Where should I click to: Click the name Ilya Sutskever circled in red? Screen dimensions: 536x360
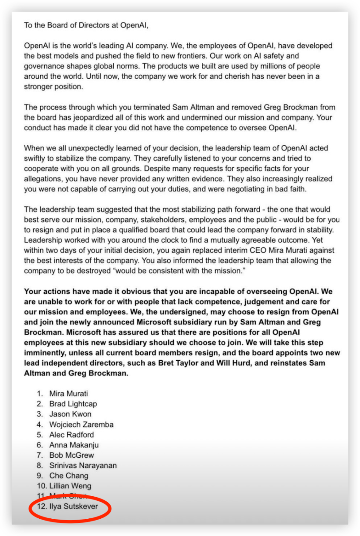point(73,506)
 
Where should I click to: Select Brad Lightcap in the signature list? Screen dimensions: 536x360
point(73,404)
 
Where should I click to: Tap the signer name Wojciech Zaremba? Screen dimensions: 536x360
point(81,425)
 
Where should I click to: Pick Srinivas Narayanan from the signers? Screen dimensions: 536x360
point(83,465)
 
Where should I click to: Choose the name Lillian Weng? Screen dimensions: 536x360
point(70,486)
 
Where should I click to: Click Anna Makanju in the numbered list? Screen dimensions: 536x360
point(74,445)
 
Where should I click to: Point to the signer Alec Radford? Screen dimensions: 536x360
point(72,435)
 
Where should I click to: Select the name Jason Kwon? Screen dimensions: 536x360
point(70,414)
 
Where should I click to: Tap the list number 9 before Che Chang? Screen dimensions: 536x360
point(39,476)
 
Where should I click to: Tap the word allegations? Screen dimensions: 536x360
point(42,179)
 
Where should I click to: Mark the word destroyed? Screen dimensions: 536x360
point(93,271)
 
